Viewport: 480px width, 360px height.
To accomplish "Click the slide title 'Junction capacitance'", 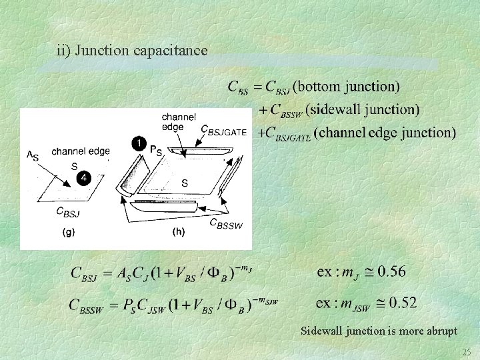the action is [132, 50].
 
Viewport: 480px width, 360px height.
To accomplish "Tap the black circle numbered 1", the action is [137, 143].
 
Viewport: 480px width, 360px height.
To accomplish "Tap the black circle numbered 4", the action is [83, 178].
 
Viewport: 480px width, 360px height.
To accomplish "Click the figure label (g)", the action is [69, 233].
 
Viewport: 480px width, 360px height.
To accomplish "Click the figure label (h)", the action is [179, 233].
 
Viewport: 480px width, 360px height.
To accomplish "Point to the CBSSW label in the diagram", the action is [226, 224].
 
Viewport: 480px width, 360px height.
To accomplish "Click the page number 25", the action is [465, 351].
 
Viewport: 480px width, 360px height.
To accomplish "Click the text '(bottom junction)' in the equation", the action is [347, 86].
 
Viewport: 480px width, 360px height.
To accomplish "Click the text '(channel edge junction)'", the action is [385, 132].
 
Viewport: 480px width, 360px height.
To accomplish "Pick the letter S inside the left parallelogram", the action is [75, 165].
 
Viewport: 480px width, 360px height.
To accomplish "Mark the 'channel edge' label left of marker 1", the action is [80, 151].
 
